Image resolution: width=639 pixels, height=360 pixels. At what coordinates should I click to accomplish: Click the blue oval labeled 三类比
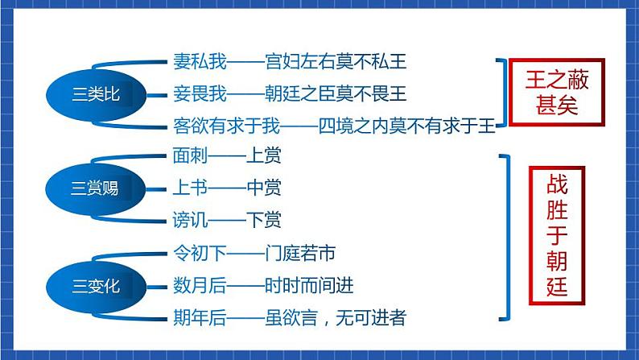tap(95, 94)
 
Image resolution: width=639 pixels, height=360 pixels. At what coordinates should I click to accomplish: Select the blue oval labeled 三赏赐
tap(95, 188)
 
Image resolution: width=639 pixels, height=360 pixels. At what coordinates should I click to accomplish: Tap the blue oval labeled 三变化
tap(95, 285)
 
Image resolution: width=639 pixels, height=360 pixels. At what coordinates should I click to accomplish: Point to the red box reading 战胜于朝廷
tap(556, 233)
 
